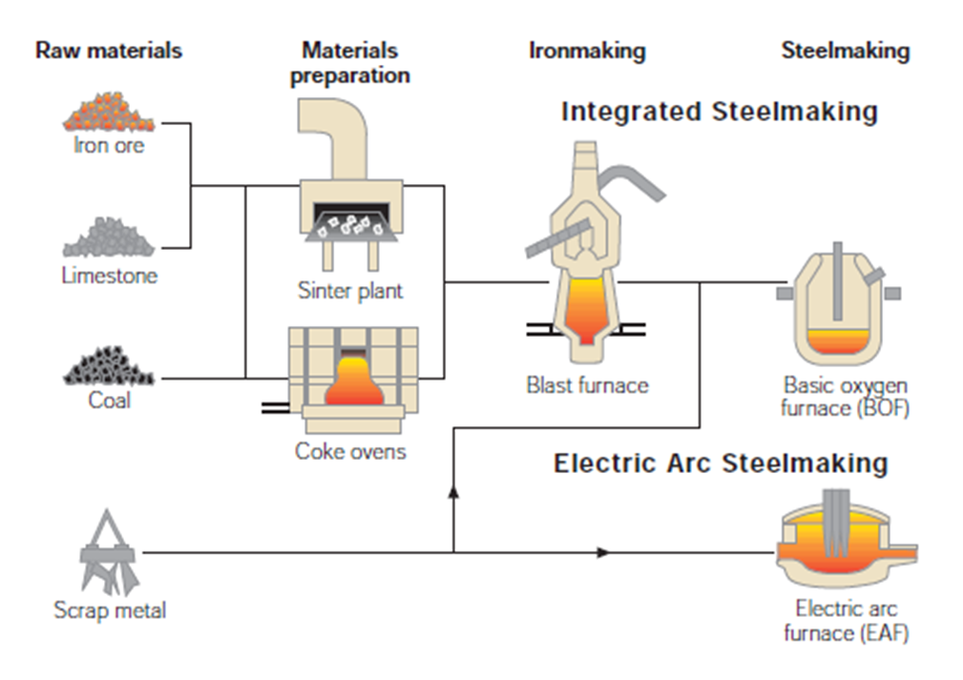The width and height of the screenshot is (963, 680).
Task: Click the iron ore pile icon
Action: point(108,114)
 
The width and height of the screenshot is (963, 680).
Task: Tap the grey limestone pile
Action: point(108,238)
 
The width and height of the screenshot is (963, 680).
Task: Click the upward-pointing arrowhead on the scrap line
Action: point(453,490)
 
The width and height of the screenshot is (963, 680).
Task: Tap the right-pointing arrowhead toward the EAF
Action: point(602,552)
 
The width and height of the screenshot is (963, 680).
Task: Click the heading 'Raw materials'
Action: point(108,50)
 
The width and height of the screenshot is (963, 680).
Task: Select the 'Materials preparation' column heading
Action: point(349,62)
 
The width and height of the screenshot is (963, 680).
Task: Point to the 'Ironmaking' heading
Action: point(587,51)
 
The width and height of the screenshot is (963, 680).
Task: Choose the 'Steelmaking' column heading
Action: point(845,51)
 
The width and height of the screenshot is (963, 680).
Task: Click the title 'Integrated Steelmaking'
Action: point(719,112)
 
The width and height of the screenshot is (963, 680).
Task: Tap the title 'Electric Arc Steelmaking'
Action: point(721,464)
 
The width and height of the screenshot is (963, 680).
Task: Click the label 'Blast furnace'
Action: point(587,385)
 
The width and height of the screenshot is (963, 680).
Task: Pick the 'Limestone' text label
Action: point(110,276)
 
